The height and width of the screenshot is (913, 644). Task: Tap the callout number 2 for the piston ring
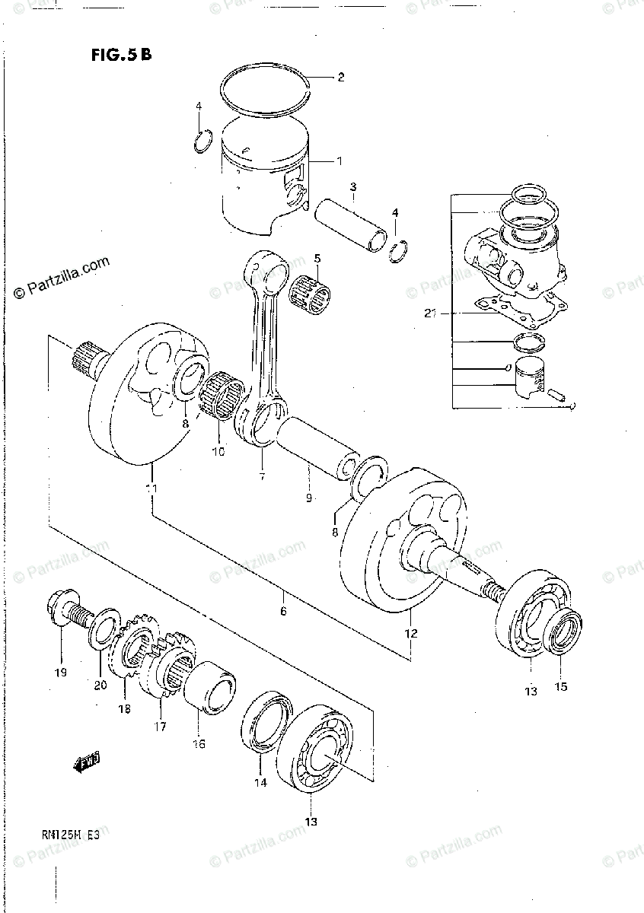point(341,77)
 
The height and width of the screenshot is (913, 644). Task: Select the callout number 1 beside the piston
point(340,161)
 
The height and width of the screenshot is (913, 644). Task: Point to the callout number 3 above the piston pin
point(354,187)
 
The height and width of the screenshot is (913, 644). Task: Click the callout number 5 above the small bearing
point(317,259)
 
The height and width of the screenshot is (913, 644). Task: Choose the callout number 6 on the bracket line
point(283,611)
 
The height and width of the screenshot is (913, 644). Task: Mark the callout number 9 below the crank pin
point(309,499)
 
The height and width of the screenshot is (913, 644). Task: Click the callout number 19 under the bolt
point(60,672)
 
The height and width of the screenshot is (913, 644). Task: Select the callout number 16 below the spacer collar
point(198,743)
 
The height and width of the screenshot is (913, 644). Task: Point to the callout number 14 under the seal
point(260,781)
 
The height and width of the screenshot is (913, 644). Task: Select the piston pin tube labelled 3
point(355,225)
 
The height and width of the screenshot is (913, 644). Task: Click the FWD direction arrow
point(87,761)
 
